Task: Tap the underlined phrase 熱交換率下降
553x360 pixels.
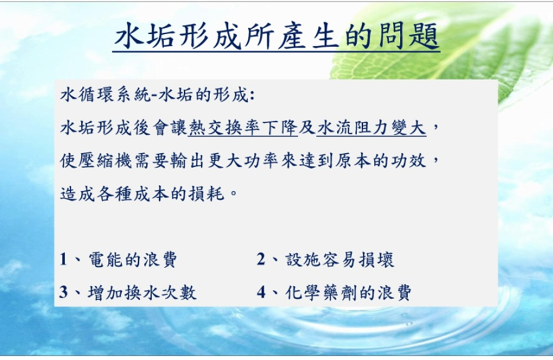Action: pyautogui.click(x=243, y=128)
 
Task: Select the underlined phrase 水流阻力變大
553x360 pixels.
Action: pyautogui.click(x=372, y=128)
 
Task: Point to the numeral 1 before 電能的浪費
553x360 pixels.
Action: pyautogui.click(x=64, y=259)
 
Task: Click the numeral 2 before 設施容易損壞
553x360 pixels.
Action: pyautogui.click(x=261, y=259)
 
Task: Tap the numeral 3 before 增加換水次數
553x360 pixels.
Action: pyautogui.click(x=64, y=293)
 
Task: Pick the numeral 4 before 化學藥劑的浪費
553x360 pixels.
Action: pyautogui.click(x=261, y=293)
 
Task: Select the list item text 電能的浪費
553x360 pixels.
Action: pyautogui.click(x=132, y=260)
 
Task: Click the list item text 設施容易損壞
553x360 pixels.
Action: pyautogui.click(x=340, y=260)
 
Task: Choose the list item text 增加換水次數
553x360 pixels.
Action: pyautogui.click(x=142, y=293)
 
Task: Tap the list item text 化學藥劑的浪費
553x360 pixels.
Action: pyautogui.click(x=348, y=293)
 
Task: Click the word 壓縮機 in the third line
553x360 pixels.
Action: pyautogui.click(x=105, y=161)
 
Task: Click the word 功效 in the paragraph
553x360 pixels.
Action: pyautogui.click(x=409, y=161)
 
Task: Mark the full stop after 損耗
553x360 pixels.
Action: pyautogui.click(x=233, y=195)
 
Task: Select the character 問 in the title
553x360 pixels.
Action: pyautogui.click(x=391, y=35)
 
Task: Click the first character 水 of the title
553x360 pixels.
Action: pyautogui.click(x=128, y=35)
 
